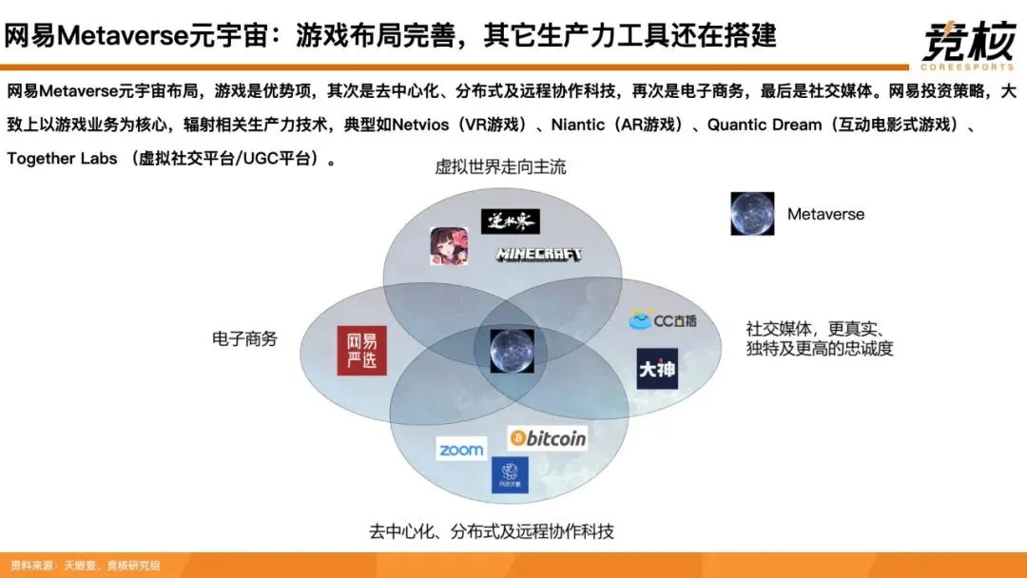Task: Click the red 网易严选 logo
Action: coord(361,350)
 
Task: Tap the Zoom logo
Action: coord(461,450)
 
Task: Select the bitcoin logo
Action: coord(548,437)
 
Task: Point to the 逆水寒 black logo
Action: coord(510,222)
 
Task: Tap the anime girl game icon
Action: coord(449,247)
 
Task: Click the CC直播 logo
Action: coord(663,320)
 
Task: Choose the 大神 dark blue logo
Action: coord(657,369)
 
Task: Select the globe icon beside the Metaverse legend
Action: coord(752,214)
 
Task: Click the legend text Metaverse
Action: coord(825,214)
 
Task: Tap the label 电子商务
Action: coord(244,338)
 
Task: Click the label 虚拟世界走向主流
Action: coord(500,167)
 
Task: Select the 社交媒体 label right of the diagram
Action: coord(819,338)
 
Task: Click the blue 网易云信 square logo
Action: coord(510,474)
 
